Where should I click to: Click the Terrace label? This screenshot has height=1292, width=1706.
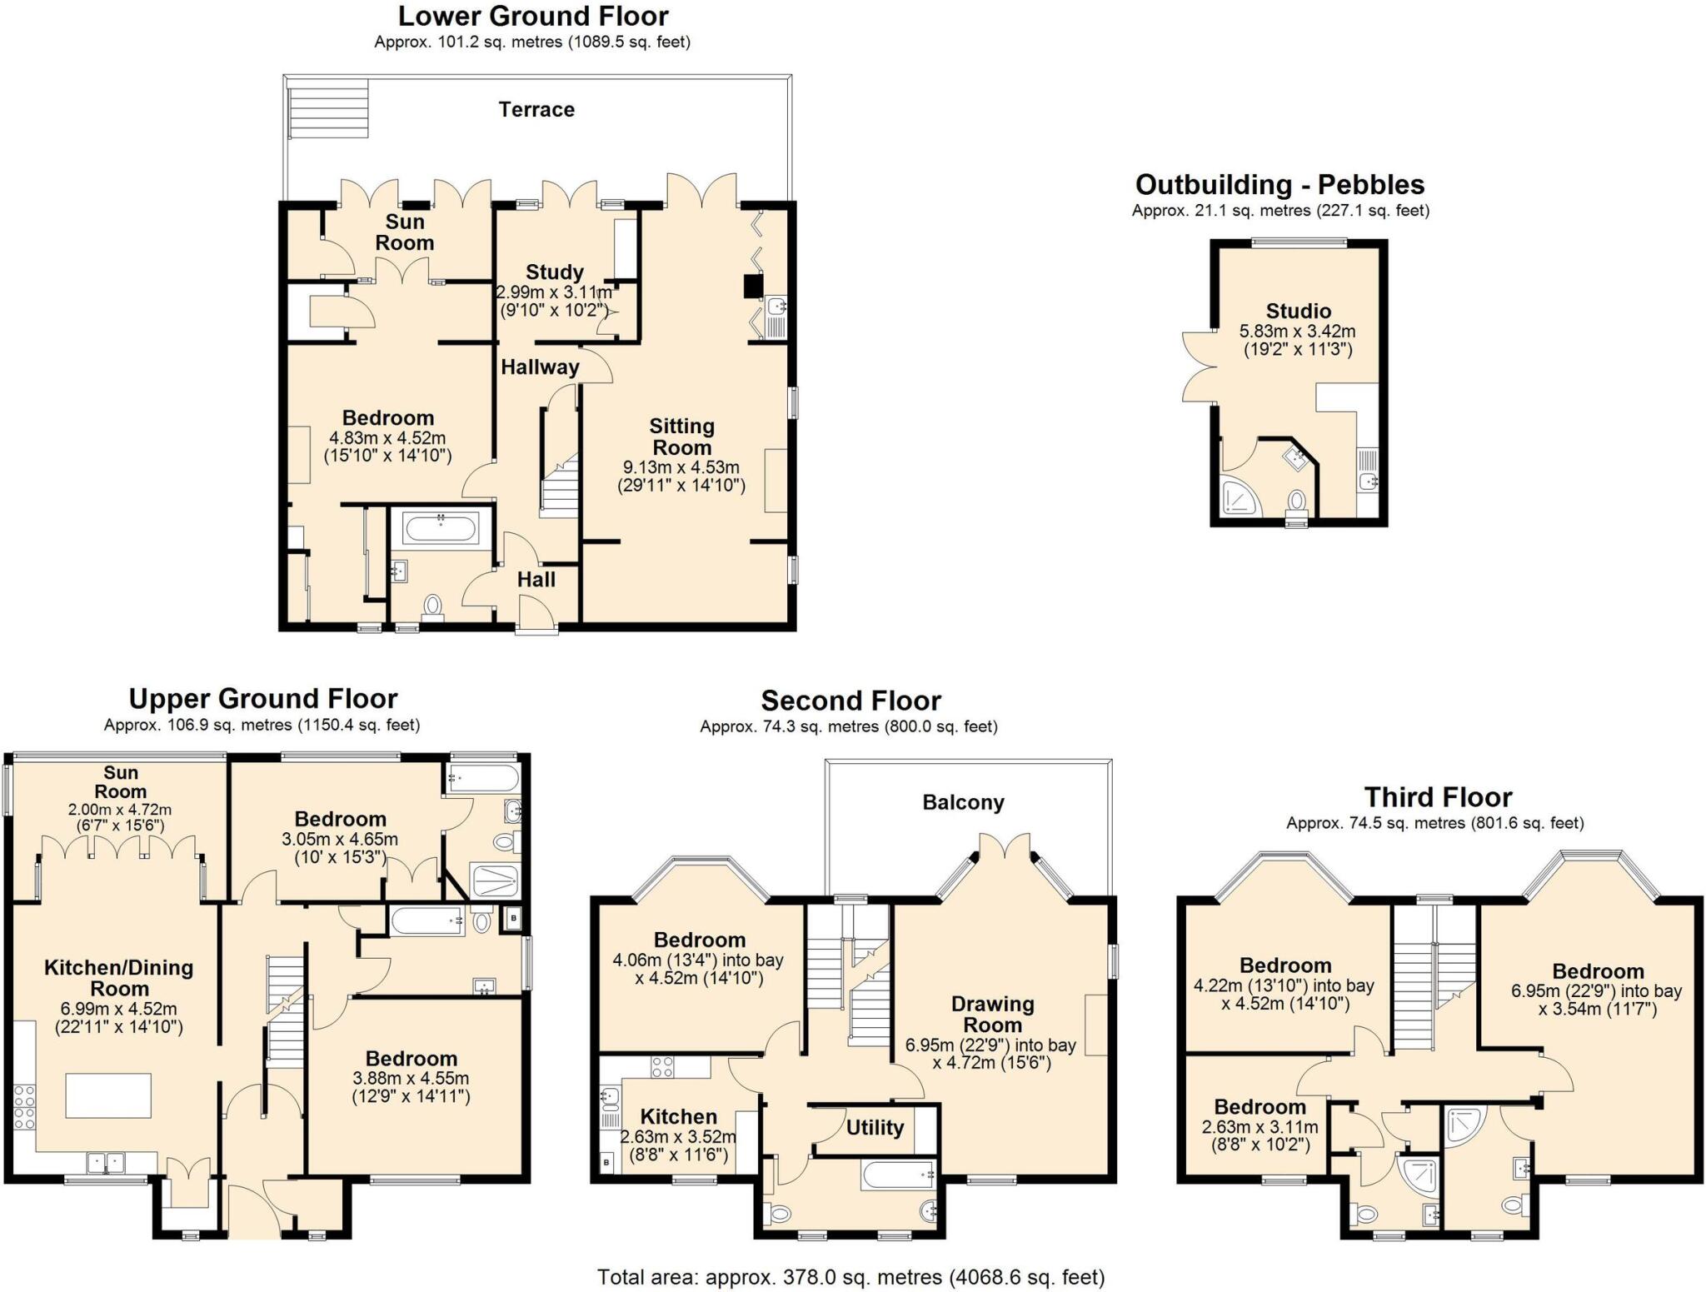[536, 110]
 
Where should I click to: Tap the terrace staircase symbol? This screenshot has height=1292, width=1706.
[328, 109]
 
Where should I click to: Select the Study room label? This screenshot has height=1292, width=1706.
[554, 272]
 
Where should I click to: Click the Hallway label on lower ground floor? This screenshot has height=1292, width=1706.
[540, 367]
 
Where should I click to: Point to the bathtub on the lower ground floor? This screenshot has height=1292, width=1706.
[440, 528]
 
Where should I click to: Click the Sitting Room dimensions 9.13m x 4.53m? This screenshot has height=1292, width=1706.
[681, 468]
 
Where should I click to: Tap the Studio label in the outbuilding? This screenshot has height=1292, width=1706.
[1298, 312]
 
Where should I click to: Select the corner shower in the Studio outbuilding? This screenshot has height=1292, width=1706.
[1239, 497]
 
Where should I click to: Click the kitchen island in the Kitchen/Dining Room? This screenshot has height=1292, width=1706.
[108, 1095]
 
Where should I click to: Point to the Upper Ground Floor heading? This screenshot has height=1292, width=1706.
[262, 698]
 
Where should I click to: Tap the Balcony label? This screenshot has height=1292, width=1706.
[963, 802]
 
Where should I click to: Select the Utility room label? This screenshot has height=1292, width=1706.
[874, 1128]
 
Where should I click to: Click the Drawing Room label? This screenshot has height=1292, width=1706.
[992, 1015]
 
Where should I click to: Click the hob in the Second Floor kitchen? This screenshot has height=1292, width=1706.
[662, 1067]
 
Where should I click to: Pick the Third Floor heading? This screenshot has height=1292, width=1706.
[1437, 797]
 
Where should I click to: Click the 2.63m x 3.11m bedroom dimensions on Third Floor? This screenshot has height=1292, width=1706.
[1260, 1136]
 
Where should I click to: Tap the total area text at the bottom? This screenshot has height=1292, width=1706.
[851, 1276]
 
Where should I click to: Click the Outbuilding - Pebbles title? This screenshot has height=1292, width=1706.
[1279, 184]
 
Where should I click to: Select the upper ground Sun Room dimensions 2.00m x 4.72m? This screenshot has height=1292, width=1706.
[120, 817]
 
